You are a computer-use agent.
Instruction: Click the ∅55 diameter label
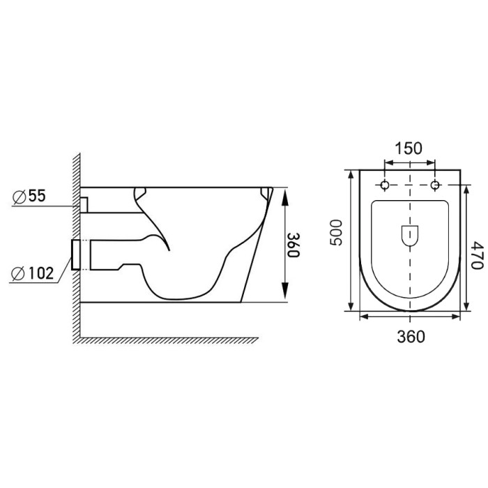coord(29,197)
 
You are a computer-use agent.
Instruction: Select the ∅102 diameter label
coord(32,273)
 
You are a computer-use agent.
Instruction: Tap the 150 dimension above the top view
coord(409,148)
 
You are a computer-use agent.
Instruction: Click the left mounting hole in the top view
coord(384,185)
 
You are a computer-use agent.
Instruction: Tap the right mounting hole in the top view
coord(435,185)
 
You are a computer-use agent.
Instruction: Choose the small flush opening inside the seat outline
coord(409,236)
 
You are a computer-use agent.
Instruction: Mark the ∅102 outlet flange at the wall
coord(77,254)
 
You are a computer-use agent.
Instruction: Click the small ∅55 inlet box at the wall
coord(84,204)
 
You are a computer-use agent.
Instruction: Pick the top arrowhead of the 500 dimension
coord(349,174)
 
